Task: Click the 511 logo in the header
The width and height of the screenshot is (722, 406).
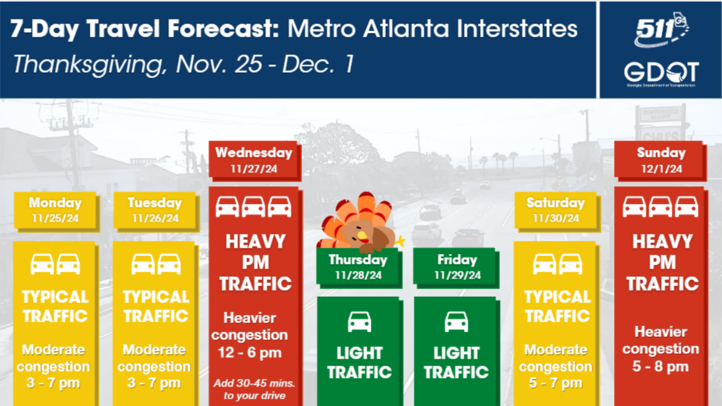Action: click(x=661, y=29)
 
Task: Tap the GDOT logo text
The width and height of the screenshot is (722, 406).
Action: click(x=661, y=73)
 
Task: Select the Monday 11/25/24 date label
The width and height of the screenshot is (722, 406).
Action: click(x=55, y=210)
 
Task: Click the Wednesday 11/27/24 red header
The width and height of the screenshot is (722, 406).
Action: click(x=254, y=160)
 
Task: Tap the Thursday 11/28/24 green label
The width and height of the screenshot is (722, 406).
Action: click(x=358, y=267)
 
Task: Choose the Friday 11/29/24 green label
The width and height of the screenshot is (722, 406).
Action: click(x=457, y=267)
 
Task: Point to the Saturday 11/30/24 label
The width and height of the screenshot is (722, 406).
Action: click(x=556, y=210)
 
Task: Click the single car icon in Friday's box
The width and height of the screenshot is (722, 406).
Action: click(x=456, y=322)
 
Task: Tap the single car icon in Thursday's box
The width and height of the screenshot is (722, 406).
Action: click(x=360, y=322)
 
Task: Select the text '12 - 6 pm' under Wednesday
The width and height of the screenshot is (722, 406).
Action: click(x=250, y=353)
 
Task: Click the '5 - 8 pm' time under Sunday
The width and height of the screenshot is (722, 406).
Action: click(x=660, y=367)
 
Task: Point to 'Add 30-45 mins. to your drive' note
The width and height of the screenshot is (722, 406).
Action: click(x=254, y=390)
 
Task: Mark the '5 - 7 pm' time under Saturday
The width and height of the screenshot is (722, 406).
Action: click(x=556, y=383)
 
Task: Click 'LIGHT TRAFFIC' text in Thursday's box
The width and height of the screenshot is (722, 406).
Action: click(x=360, y=363)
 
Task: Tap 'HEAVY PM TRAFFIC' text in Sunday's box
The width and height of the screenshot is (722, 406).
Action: click(x=662, y=262)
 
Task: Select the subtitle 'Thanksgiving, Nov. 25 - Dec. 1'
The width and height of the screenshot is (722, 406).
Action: click(x=183, y=65)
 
